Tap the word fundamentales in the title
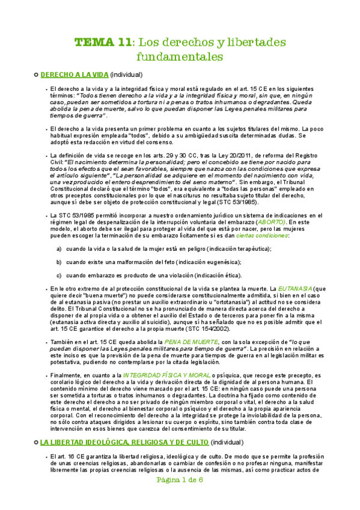pyautogui.click(x=180, y=57)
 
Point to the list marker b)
pyautogui.click(x=59, y=262)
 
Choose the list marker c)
pyautogui.click(x=59, y=275)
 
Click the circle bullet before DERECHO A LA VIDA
pyautogui.click(x=35, y=75)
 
